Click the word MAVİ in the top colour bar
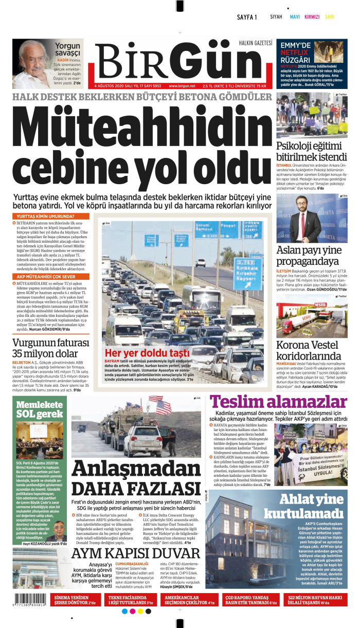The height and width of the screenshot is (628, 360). [x=295, y=17]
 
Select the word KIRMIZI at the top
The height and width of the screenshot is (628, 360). [x=312, y=17]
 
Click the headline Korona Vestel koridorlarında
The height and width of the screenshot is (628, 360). [x=309, y=351]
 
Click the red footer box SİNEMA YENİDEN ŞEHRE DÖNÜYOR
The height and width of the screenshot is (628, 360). [x=75, y=599]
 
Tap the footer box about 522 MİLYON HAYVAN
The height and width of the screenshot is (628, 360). [x=318, y=599]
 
